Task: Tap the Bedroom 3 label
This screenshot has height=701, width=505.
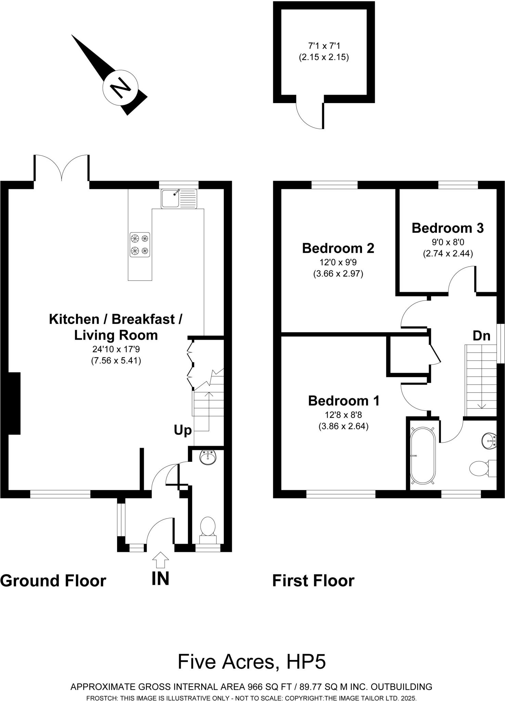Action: coord(448,228)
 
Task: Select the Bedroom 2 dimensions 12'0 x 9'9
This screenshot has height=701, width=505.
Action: coord(338,262)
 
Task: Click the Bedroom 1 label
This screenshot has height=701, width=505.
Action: coord(344,400)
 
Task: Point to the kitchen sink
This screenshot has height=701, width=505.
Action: coord(179,198)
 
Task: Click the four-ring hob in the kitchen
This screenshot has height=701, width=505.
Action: coord(140,245)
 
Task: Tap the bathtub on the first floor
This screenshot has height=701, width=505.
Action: coord(423,455)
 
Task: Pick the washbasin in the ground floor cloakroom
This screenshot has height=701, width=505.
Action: coord(208,458)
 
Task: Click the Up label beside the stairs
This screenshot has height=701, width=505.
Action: coord(183,430)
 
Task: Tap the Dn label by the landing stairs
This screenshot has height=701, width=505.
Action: coord(481,336)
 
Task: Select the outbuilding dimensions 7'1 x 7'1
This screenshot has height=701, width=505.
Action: coord(324,45)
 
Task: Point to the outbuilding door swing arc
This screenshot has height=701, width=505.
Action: coord(306,118)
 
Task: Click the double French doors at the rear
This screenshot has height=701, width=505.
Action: coord(62,168)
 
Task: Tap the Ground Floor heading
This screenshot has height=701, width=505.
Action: coord(53,581)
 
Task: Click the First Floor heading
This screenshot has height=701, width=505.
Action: coord(313,581)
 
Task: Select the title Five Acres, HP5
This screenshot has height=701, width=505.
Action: coord(251,662)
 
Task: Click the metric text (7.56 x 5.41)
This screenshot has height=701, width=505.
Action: coord(116,360)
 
